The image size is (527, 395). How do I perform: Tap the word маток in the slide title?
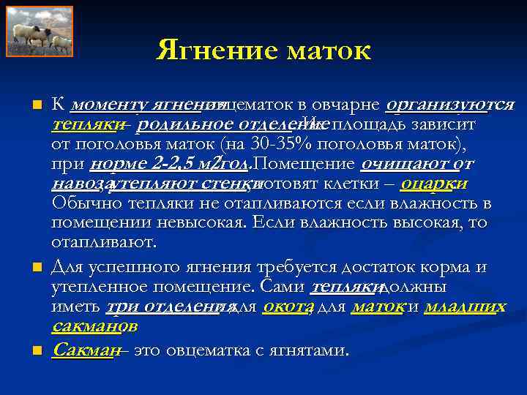click(x=329, y=51)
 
